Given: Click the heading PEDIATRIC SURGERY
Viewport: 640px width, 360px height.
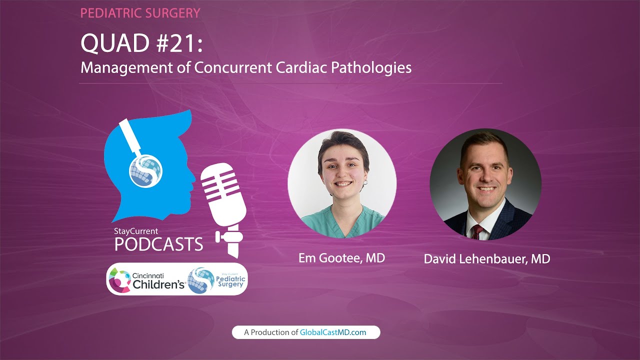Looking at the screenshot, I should point(140,13).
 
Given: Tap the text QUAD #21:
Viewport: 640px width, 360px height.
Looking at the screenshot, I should point(142,44).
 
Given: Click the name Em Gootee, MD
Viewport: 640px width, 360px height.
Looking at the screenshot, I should point(341,258).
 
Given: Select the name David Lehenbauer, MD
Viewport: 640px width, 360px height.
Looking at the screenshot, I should point(486,259).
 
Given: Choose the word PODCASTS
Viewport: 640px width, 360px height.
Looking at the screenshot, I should point(158,244).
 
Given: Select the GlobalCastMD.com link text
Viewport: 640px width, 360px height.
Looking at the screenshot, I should point(333,332).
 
